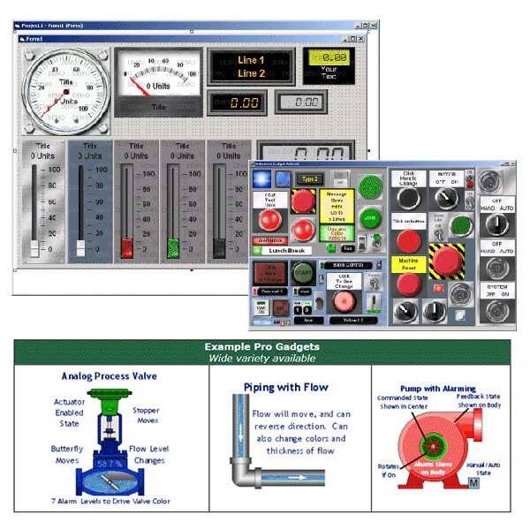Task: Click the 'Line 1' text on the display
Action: (x=251, y=60)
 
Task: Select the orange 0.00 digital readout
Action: (x=238, y=102)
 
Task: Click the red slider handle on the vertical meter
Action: (x=126, y=245)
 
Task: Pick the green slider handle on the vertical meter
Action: (x=173, y=245)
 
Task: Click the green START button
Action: (x=303, y=272)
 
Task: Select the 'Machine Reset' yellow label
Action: (x=408, y=264)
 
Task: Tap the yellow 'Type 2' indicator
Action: (x=309, y=178)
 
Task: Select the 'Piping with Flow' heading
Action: (x=285, y=387)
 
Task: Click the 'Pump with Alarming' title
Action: (x=438, y=388)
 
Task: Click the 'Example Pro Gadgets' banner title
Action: (x=261, y=347)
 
